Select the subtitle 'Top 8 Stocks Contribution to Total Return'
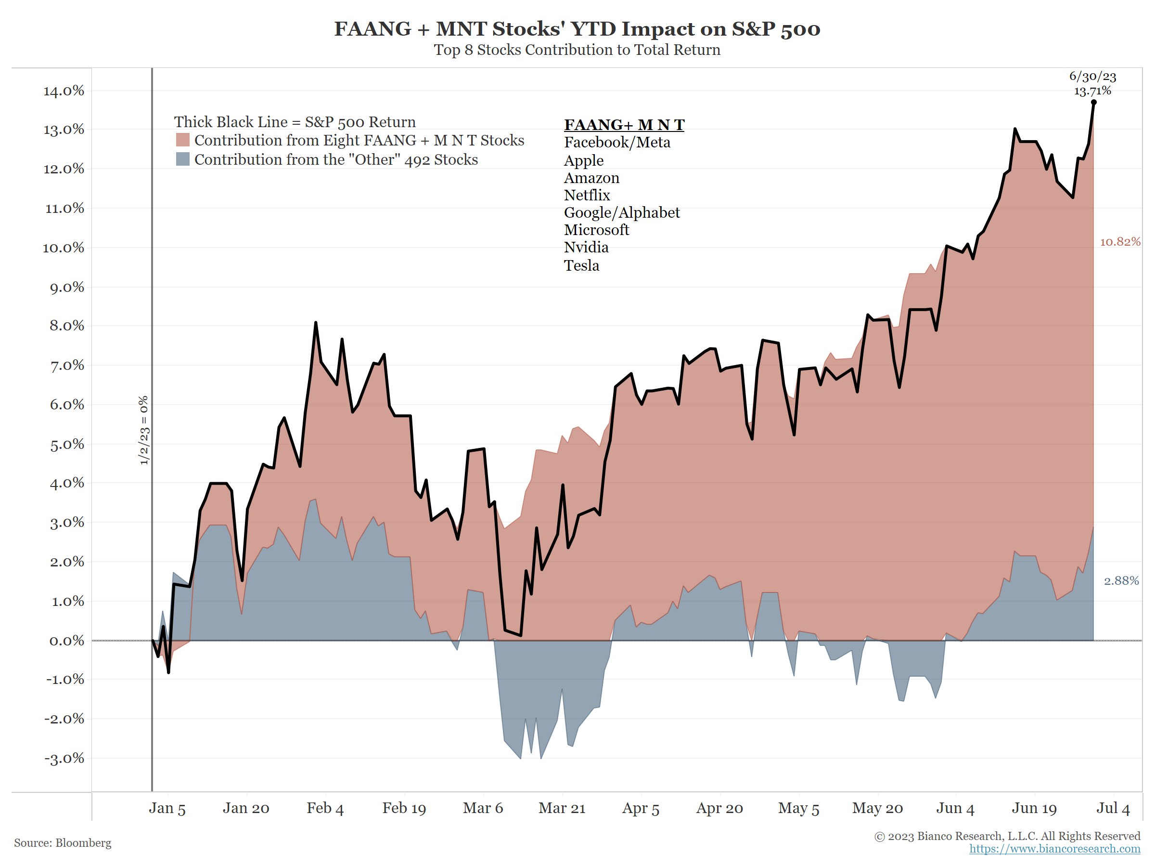(x=577, y=50)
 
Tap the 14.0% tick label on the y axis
(x=63, y=91)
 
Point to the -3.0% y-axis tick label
(x=63, y=758)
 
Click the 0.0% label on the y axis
(x=66, y=641)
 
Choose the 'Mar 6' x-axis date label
(x=483, y=808)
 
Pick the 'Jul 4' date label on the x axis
(x=1113, y=808)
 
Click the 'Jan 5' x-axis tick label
(x=167, y=808)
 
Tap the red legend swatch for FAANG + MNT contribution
(x=182, y=140)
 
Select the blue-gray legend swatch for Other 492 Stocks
(x=182, y=159)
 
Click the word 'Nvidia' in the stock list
(x=586, y=247)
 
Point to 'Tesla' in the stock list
(x=581, y=265)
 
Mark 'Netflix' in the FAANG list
(x=587, y=196)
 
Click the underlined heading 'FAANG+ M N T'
(x=624, y=125)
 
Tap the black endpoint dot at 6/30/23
(x=1093, y=103)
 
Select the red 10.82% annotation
(x=1120, y=242)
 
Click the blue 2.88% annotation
(x=1121, y=580)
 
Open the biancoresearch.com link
(x=1054, y=849)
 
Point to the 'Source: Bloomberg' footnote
(x=63, y=843)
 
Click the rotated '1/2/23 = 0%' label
(x=143, y=430)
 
